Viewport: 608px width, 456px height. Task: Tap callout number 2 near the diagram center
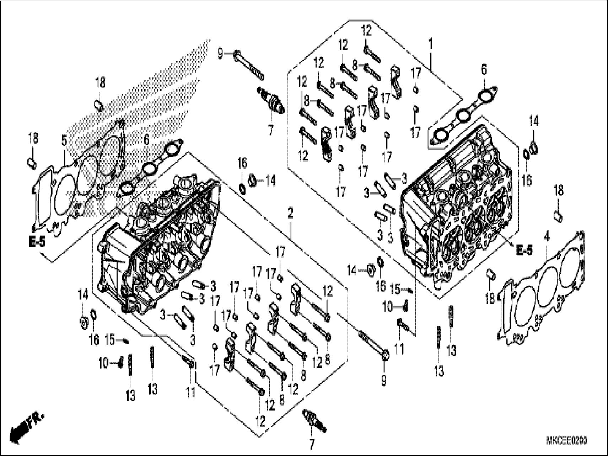coord(290,214)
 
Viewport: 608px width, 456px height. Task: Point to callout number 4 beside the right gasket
coord(547,236)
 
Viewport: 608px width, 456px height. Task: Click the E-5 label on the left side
coord(37,243)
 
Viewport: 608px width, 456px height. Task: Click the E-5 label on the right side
coord(524,251)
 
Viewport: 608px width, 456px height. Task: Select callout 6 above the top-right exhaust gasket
coord(484,70)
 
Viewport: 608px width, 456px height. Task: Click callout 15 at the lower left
coord(110,340)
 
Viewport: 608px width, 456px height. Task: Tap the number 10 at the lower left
coord(104,364)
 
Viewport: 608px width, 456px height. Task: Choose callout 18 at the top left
coord(100,83)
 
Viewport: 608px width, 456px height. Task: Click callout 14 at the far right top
coord(534,122)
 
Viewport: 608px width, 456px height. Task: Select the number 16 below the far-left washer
coord(94,340)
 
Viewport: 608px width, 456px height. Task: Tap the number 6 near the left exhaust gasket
coord(147,140)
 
